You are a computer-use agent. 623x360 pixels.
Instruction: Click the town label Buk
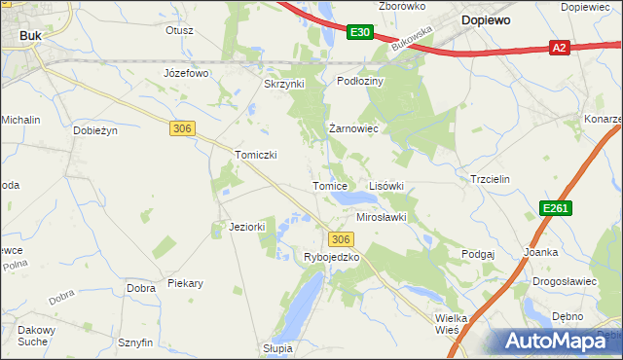29,36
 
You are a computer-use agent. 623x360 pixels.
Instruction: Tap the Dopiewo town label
491,19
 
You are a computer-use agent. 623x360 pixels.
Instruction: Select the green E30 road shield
359,32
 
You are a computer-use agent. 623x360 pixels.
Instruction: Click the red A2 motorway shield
558,47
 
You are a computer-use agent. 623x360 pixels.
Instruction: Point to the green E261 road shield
556,208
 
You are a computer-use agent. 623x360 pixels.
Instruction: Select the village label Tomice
329,186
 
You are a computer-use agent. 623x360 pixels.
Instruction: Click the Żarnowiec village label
352,128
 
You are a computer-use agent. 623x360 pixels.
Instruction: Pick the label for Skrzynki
284,84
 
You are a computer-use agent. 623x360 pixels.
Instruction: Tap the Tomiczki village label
257,155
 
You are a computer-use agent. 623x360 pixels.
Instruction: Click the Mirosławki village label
381,218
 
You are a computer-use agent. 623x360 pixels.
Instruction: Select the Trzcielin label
490,180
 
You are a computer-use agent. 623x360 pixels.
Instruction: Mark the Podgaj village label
478,253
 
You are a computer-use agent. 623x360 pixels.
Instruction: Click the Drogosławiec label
564,281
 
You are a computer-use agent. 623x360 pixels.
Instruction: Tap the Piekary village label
185,284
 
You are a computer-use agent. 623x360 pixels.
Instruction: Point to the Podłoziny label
361,82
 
